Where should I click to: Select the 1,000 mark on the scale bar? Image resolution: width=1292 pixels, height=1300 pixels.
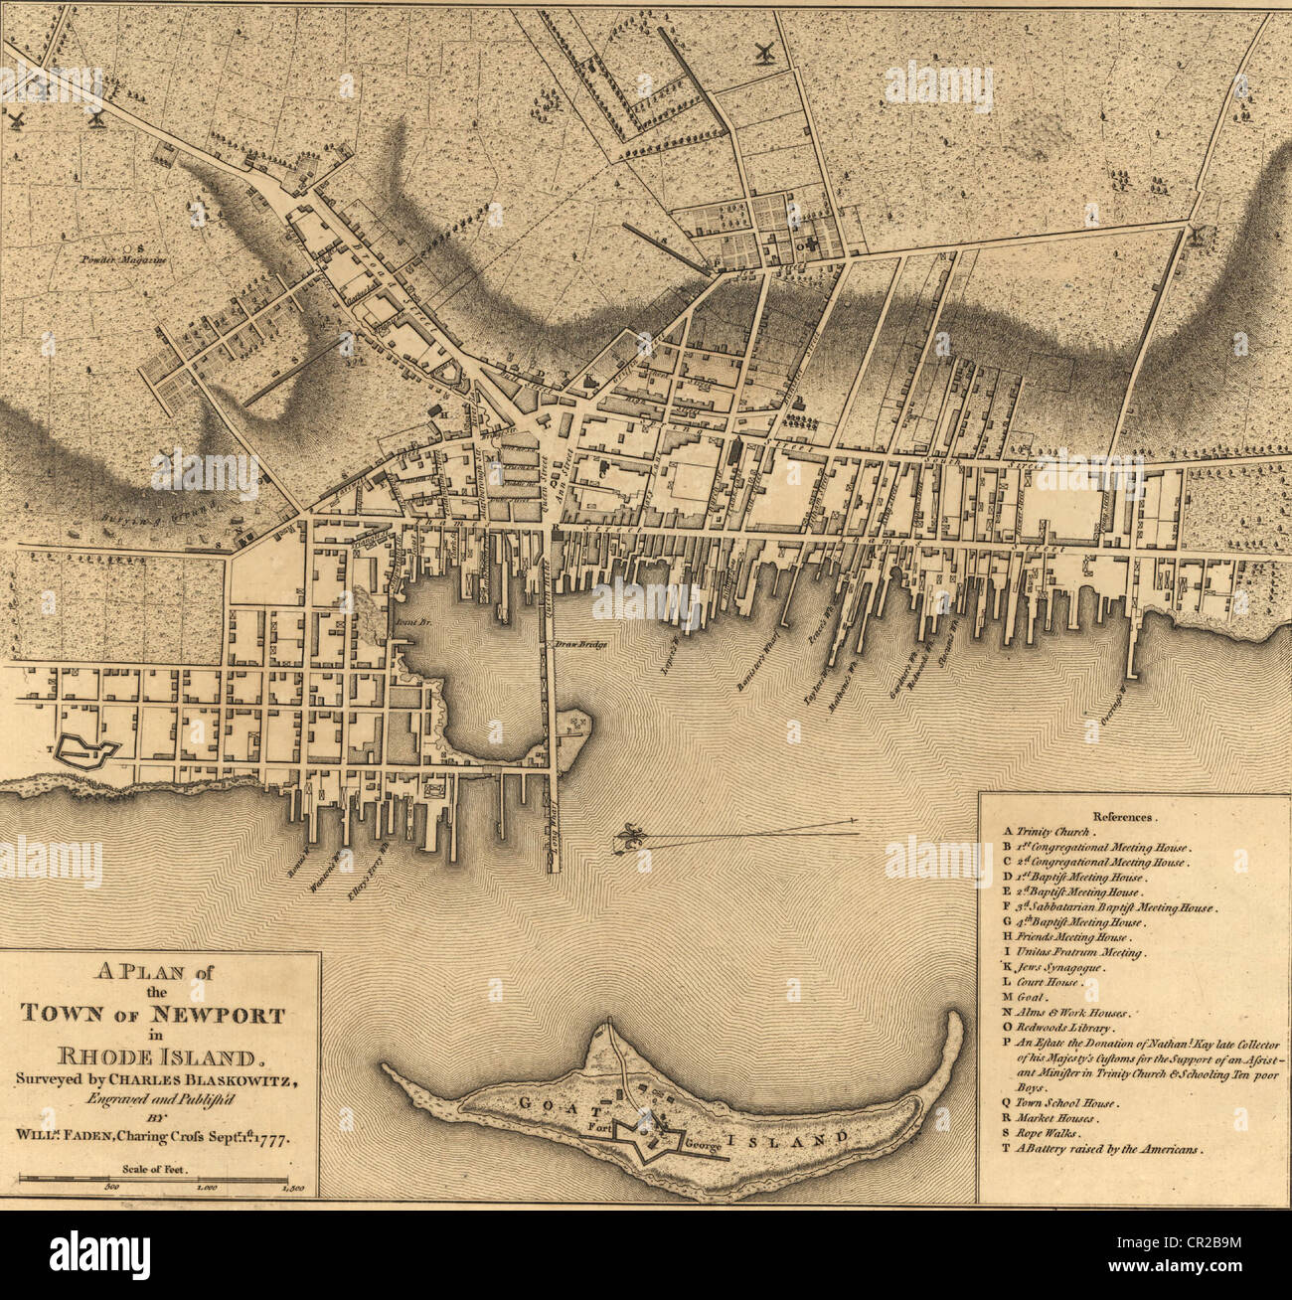pyautogui.click(x=206, y=1188)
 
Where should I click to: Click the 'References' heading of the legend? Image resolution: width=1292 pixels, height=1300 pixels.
pyautogui.click(x=1122, y=815)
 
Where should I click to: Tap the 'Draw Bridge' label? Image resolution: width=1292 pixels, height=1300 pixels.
pyautogui.click(x=580, y=645)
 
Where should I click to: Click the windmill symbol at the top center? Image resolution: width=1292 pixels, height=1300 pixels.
pyautogui.click(x=764, y=54)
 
